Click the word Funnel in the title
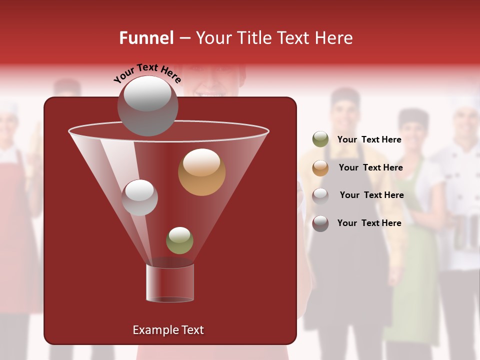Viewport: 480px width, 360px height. pos(146,38)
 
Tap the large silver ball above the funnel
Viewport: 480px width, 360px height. pos(147,105)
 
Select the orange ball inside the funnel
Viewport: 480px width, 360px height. pos(201,172)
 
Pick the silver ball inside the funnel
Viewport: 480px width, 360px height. pos(139,197)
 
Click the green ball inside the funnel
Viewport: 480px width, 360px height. pos(179,240)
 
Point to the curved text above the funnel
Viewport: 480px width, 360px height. pos(147,73)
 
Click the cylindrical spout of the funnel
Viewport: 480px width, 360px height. pos(170,283)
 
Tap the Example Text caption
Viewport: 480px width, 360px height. pos(168,330)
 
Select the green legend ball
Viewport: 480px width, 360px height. pos(320,139)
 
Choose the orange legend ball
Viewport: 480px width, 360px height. pos(320,168)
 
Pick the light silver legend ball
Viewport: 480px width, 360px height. pos(320,195)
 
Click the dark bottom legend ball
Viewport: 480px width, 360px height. pos(320,223)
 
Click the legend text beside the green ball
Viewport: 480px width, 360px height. pos(369,140)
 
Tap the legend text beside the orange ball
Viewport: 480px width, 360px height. pos(370,168)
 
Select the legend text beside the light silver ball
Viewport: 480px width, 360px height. pos(371,195)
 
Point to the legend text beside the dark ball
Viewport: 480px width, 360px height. pos(369,223)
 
